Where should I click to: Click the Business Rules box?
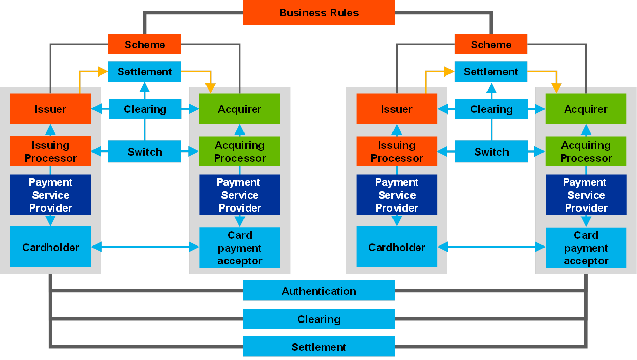[318, 13]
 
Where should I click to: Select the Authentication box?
[318, 291]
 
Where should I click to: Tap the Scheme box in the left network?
[144, 44]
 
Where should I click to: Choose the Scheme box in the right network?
[491, 44]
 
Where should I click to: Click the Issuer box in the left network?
[50, 109]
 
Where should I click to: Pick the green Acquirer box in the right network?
[586, 109]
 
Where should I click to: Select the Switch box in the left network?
[144, 151]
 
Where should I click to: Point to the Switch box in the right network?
[491, 151]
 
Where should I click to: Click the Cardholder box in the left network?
[50, 247]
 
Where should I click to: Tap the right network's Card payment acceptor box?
[586, 248]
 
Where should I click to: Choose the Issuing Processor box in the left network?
[50, 151]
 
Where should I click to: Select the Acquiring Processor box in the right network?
[586, 151]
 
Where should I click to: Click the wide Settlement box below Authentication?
[318, 347]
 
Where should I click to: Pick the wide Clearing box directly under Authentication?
[318, 319]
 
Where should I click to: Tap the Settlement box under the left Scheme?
[144, 71]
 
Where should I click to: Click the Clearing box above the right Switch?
[491, 109]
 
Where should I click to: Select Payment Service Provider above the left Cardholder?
[50, 195]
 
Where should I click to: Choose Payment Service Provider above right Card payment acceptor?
[586, 195]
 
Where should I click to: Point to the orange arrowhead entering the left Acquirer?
[210, 88]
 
